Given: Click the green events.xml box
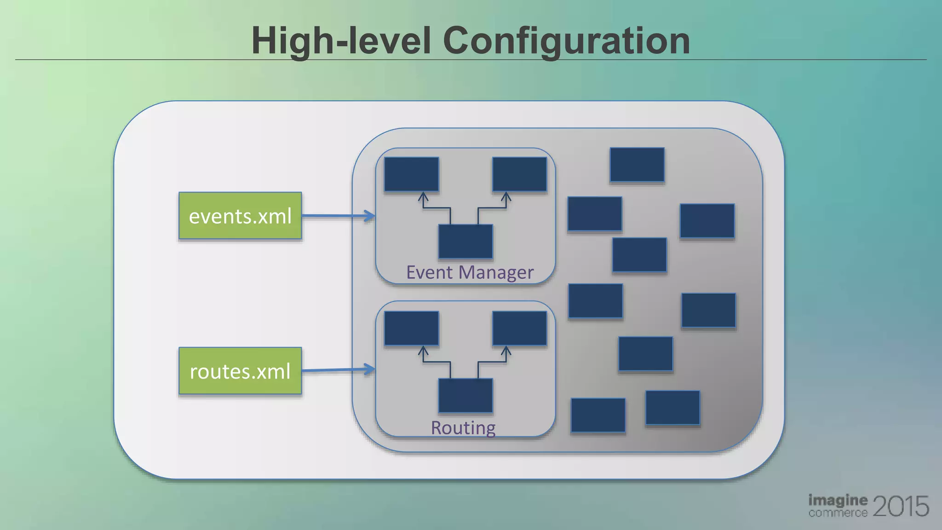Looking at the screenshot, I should tap(240, 216).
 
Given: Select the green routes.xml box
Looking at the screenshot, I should tap(240, 371).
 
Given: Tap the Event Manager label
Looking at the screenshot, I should tap(470, 272).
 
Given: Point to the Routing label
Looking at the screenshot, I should tap(463, 427).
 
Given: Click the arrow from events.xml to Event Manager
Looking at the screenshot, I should tap(338, 216).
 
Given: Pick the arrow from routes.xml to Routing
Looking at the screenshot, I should tap(338, 370).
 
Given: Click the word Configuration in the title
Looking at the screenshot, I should tap(566, 41).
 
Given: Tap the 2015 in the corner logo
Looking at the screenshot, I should tap(900, 506).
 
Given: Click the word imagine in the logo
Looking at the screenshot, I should tap(838, 500).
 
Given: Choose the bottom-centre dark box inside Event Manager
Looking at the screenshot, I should tap(465, 242).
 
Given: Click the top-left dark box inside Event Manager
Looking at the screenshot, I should tap(411, 174).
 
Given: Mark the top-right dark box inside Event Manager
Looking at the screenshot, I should tap(519, 174).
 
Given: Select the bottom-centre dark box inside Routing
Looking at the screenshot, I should tap(465, 396).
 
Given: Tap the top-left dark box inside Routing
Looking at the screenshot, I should tap(411, 328).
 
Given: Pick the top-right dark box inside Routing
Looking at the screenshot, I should tap(519, 328).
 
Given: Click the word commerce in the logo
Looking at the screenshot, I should tap(838, 513).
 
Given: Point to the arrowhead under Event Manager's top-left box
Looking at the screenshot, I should tap(423, 197).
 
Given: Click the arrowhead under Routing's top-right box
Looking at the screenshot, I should tap(506, 351).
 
